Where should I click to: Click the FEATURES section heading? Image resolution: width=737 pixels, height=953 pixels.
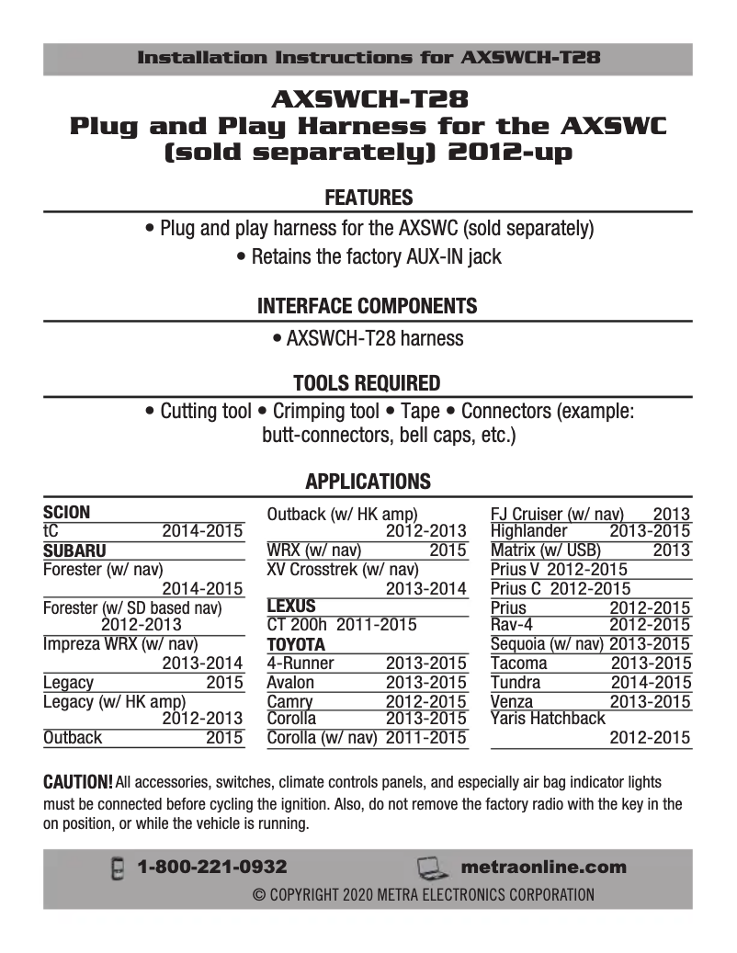(368, 198)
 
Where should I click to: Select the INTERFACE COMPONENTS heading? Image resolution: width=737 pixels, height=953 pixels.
(368, 306)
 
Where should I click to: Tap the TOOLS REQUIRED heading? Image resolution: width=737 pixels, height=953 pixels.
(368, 382)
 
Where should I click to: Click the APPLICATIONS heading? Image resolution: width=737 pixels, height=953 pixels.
(368, 482)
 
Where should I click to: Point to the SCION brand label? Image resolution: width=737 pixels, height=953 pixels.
(67, 513)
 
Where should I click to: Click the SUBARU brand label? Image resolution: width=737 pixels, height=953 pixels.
(74, 551)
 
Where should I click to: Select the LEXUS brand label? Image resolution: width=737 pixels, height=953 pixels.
(290, 607)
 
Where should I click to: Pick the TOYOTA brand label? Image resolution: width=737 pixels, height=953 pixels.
(296, 644)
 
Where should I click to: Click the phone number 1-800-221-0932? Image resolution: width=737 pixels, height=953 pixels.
(212, 867)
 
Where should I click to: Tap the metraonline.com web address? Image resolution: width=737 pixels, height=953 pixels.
(543, 867)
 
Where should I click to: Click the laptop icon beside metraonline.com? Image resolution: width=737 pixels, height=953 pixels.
(431, 868)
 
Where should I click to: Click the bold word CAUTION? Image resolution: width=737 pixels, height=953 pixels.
(78, 782)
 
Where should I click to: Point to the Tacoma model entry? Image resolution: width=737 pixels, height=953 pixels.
(518, 664)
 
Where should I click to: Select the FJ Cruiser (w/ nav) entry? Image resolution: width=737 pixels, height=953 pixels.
(557, 515)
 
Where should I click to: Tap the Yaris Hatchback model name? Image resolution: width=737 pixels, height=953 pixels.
(548, 719)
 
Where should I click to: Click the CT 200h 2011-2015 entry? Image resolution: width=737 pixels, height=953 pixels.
(341, 625)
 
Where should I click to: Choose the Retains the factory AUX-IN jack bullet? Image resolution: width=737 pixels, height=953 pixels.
(368, 257)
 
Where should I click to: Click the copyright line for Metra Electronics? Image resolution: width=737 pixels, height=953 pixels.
(424, 894)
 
